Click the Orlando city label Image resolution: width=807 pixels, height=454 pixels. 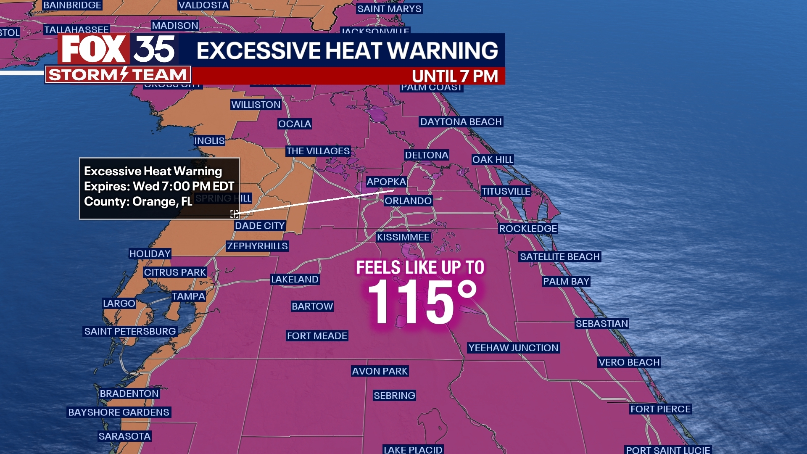408,201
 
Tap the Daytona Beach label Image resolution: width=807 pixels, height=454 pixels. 461,122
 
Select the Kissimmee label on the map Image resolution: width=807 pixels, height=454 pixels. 403,237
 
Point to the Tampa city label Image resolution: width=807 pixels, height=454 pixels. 188,296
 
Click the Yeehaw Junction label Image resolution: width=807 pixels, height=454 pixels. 513,348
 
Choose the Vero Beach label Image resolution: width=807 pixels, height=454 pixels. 629,362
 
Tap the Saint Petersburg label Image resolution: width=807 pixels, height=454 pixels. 130,331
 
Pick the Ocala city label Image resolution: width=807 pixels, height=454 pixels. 295,124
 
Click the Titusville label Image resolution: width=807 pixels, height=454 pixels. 506,191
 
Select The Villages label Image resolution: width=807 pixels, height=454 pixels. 318,151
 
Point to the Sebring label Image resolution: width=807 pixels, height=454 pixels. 394,396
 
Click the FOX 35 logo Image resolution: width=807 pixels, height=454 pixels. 118,49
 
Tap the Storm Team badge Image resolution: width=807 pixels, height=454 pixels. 118,75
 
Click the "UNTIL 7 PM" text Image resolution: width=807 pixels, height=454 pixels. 455,76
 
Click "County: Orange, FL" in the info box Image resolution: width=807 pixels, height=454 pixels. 138,201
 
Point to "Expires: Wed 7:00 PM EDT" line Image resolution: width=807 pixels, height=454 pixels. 159,186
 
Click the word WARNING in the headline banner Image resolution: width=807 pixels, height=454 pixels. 442,50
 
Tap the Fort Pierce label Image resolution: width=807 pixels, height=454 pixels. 660,409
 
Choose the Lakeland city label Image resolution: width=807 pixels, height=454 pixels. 295,279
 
